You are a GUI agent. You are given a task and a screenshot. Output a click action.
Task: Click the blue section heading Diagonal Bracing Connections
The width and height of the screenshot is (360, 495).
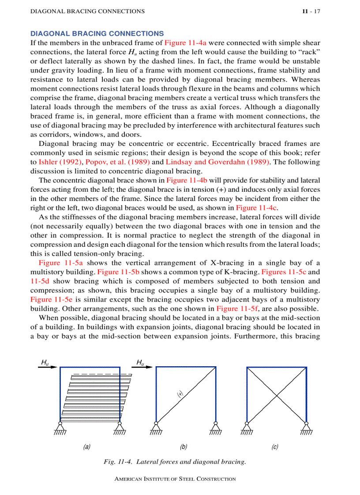point(97,33)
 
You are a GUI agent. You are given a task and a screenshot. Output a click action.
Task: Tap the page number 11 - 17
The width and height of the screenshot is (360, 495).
point(311,11)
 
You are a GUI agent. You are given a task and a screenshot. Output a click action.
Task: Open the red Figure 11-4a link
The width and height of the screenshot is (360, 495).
point(185,43)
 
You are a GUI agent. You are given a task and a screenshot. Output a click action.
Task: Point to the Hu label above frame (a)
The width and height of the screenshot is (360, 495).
point(45,362)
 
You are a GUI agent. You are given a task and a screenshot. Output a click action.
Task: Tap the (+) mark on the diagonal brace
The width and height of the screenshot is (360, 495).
point(180,395)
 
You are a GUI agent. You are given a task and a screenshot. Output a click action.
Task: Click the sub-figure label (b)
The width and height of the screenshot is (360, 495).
point(184,447)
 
